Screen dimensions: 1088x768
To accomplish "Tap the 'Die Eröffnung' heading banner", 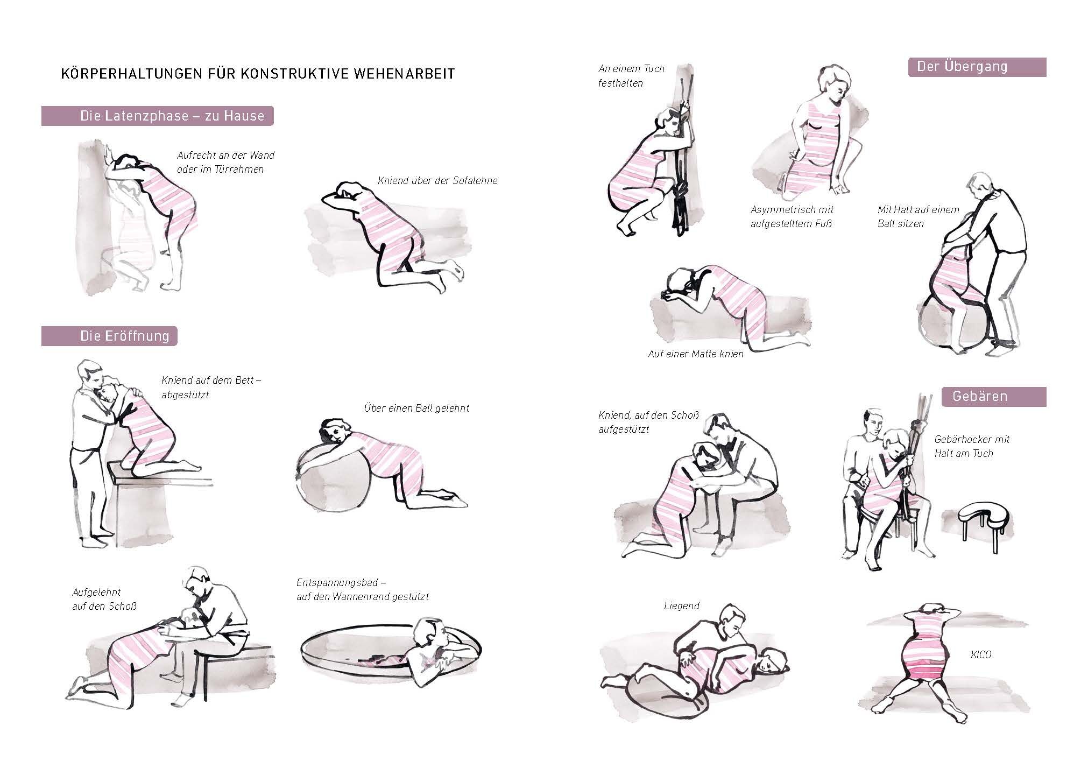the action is click(x=109, y=336).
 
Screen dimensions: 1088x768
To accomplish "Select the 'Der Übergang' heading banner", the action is click(x=977, y=67).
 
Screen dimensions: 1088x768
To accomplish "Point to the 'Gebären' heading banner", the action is click(x=994, y=397).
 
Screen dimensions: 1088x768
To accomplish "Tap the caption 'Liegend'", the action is click(x=682, y=606).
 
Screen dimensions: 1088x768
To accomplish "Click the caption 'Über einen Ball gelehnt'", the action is click(x=416, y=408).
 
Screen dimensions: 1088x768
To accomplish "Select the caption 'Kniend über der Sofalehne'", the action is click(x=437, y=181).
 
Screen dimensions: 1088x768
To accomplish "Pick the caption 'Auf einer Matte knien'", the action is click(x=696, y=354).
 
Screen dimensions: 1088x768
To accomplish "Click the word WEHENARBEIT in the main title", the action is click(x=405, y=74).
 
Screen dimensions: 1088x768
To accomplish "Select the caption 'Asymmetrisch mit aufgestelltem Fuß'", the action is click(x=792, y=216).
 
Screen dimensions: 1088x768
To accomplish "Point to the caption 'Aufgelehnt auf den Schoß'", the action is click(x=104, y=600).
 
